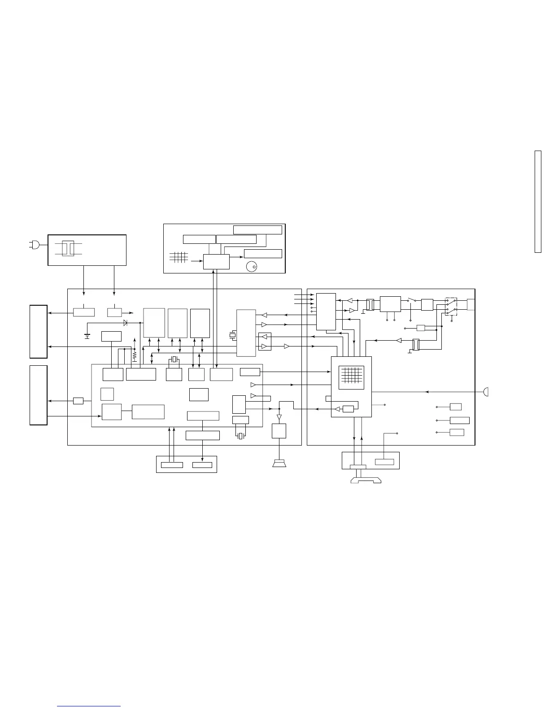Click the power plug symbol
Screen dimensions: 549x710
pyautogui.click(x=34, y=245)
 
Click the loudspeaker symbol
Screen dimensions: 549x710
pyautogui.click(x=279, y=463)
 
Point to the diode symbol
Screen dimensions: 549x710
pyautogui.click(x=126, y=323)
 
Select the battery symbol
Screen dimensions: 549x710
pyautogui.click(x=87, y=336)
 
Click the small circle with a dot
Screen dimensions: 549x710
pyautogui.click(x=251, y=267)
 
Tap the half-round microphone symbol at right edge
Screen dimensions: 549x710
pyautogui.click(x=486, y=392)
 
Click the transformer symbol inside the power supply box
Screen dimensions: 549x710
pyautogui.click(x=68, y=249)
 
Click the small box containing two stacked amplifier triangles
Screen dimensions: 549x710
pyautogui.click(x=265, y=342)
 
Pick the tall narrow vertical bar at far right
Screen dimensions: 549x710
pyautogui.click(x=538, y=202)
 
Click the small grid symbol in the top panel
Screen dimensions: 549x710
pyautogui.click(x=178, y=257)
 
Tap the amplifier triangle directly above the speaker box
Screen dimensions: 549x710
pyautogui.click(x=279, y=417)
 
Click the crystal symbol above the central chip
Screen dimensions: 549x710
pyautogui.click(x=174, y=359)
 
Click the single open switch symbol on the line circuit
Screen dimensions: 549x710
pyautogui.click(x=411, y=300)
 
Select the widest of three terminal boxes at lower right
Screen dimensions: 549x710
pyautogui.click(x=459, y=420)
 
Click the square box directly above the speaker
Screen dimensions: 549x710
pyautogui.click(x=279, y=431)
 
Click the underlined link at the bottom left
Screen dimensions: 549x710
pyautogui.click(x=89, y=706)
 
